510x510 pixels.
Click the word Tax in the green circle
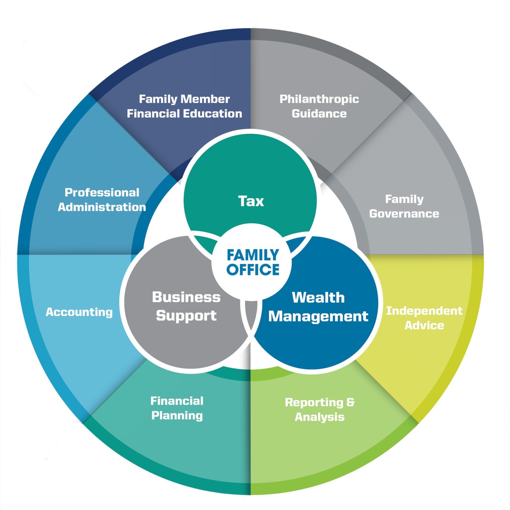pyautogui.click(x=251, y=201)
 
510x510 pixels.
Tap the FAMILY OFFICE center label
pyautogui.click(x=253, y=262)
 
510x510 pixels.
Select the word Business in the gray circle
pyautogui.click(x=186, y=297)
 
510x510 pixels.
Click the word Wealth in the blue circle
pyautogui.click(x=318, y=297)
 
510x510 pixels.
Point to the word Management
pyautogui.click(x=318, y=316)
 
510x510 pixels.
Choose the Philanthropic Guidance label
pyautogui.click(x=319, y=106)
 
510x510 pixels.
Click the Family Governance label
pyautogui.click(x=404, y=206)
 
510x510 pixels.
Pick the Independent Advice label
pyautogui.click(x=424, y=318)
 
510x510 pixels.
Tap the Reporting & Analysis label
pyautogui.click(x=319, y=409)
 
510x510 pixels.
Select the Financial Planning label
pyautogui.click(x=177, y=408)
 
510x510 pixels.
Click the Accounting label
pyautogui.click(x=79, y=312)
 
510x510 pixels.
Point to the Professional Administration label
pyautogui.click(x=102, y=200)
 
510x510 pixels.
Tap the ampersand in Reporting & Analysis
pyautogui.click(x=350, y=402)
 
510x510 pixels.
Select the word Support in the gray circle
pyautogui.click(x=186, y=316)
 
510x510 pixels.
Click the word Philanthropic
pyautogui.click(x=319, y=99)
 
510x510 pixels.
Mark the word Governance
pyautogui.click(x=404, y=214)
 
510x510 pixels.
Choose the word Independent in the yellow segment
pyautogui.click(x=424, y=310)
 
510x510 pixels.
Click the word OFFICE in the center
pyautogui.click(x=253, y=269)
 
